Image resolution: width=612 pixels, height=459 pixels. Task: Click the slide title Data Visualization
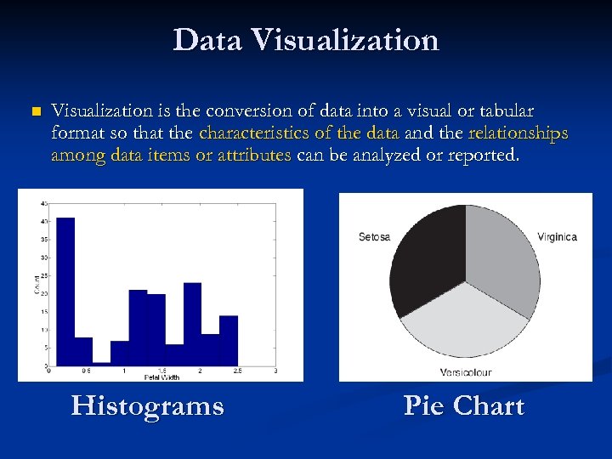(x=306, y=41)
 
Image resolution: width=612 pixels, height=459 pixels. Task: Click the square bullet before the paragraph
(x=35, y=112)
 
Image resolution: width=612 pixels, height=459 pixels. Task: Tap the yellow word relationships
(x=518, y=133)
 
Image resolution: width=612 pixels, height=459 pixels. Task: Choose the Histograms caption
(x=148, y=405)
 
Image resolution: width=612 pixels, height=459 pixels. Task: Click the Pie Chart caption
(x=464, y=405)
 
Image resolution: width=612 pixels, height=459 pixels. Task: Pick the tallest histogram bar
(x=65, y=289)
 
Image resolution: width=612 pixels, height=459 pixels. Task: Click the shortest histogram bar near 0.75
(x=102, y=362)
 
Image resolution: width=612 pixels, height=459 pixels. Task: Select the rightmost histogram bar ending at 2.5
(x=228, y=340)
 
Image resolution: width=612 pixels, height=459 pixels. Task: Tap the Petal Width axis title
(x=161, y=376)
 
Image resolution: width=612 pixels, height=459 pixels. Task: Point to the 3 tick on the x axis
(x=275, y=371)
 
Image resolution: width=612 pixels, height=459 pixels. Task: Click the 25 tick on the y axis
(x=44, y=275)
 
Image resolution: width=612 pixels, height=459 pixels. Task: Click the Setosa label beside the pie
(x=374, y=236)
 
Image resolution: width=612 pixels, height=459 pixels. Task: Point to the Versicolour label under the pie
(x=465, y=371)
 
